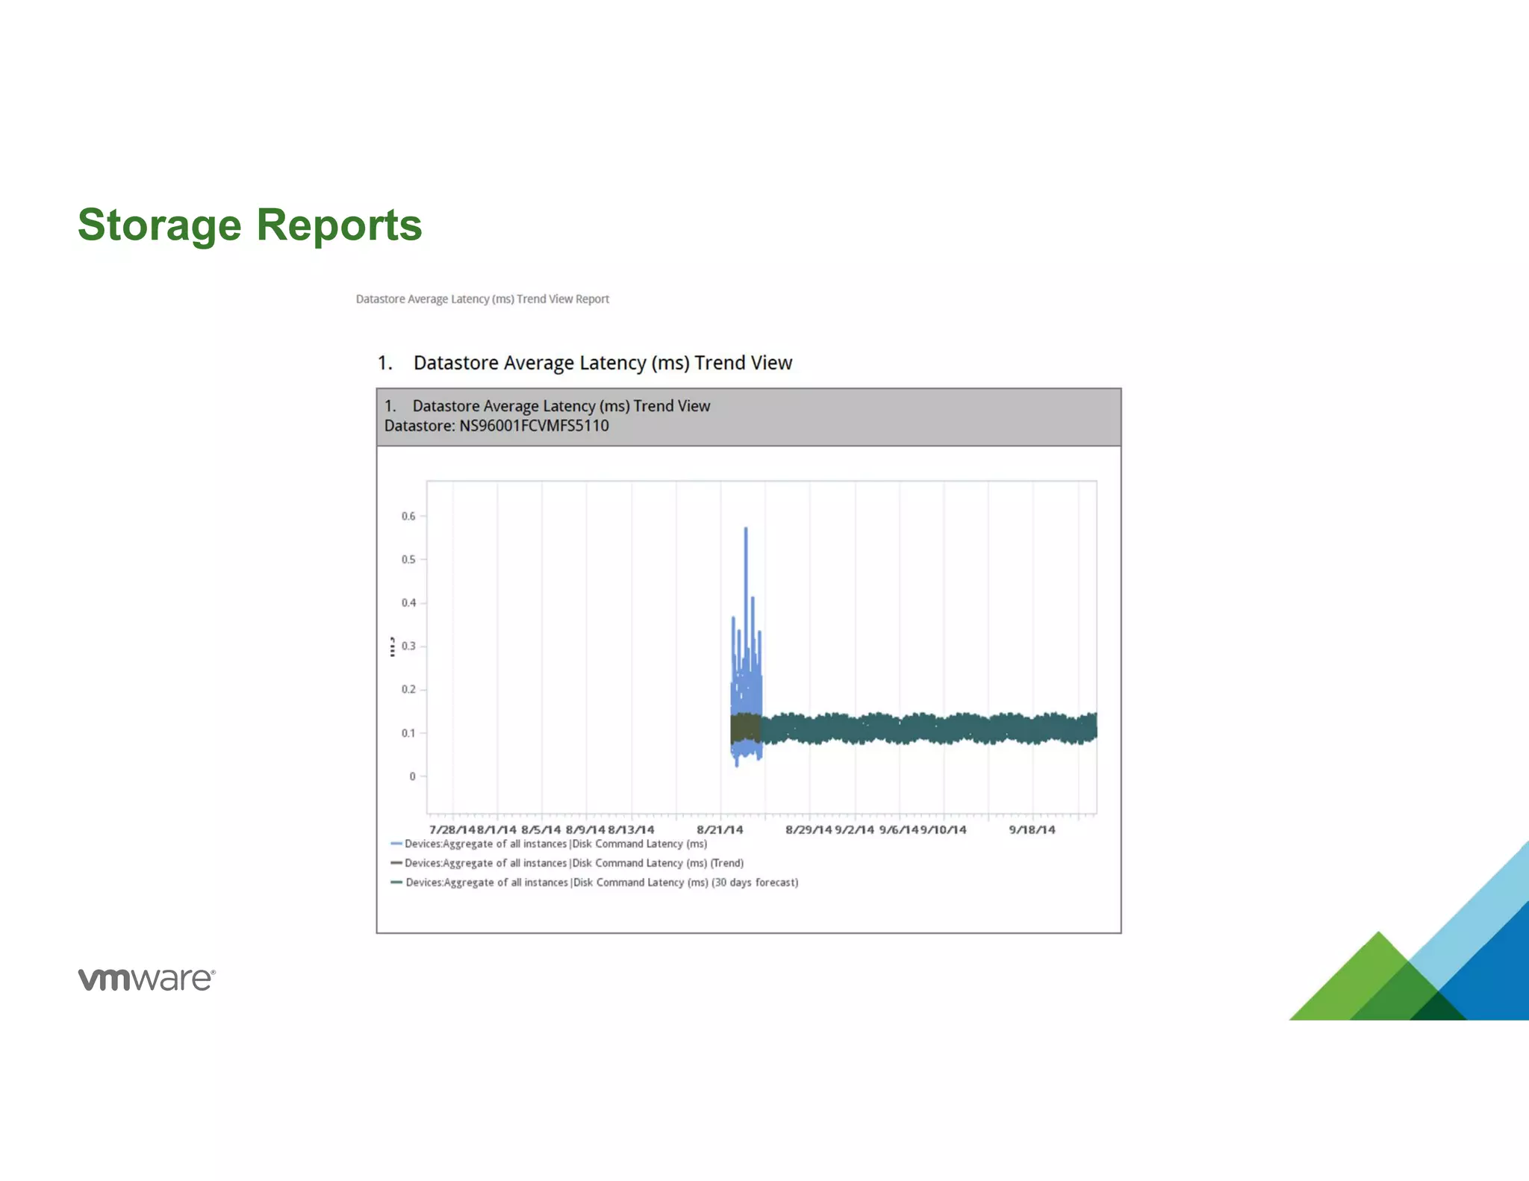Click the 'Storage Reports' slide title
pos(249,225)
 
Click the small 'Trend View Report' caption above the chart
pos(482,299)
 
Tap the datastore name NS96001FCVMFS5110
pos(533,426)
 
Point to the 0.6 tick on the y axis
pos(408,517)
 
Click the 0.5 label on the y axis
pos(408,560)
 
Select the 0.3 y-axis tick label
pos(408,646)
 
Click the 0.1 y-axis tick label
pos(408,733)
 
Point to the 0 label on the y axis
pos(412,776)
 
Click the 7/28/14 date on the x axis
pos(452,830)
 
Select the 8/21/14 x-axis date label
pos(720,830)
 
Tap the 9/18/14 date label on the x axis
pos(1032,830)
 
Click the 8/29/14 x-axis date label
pos(808,830)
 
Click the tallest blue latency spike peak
pos(746,530)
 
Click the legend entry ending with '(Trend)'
pos(573,863)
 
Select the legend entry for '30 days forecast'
pos(601,882)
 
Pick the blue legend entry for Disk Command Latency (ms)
pos(555,844)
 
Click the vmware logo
pos(146,979)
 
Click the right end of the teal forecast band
pos(1094,728)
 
